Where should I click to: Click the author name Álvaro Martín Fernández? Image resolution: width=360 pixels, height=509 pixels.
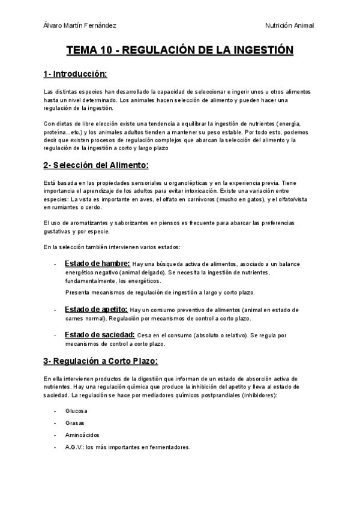(x=80, y=26)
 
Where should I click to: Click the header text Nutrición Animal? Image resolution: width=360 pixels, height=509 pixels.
(x=289, y=26)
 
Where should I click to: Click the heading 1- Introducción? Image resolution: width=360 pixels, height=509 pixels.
(x=75, y=74)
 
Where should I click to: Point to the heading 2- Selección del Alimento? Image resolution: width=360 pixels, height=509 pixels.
(x=95, y=165)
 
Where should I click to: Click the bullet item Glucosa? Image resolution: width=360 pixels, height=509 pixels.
(x=76, y=411)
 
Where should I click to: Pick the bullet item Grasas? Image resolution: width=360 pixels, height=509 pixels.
(x=75, y=423)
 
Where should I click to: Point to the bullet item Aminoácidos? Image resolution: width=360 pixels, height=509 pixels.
(x=82, y=435)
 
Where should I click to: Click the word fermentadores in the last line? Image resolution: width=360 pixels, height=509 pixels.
(x=170, y=447)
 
